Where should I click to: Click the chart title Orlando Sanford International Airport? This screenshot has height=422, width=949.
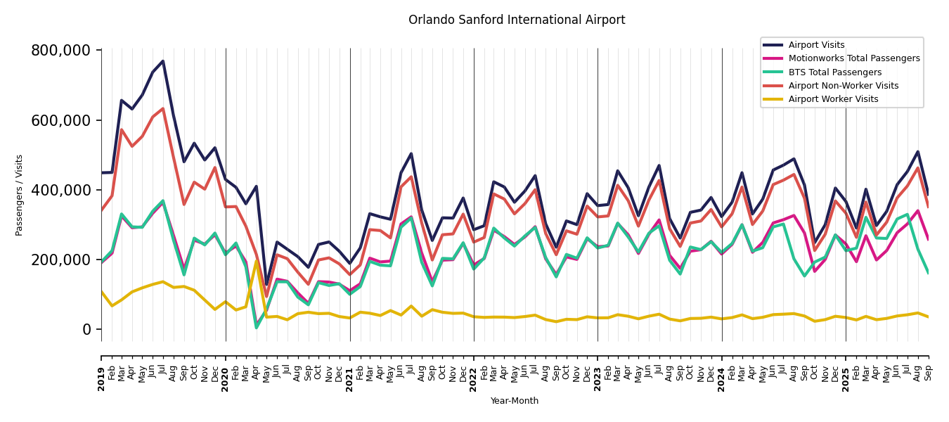[x=517, y=20]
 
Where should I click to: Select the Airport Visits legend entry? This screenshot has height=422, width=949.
[x=816, y=45]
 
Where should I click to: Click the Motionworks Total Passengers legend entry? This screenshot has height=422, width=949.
[x=853, y=58]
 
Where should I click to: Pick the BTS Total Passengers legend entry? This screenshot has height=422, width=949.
[x=834, y=72]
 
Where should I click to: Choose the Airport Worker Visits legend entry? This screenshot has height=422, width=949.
[x=833, y=99]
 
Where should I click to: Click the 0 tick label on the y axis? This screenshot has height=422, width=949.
[x=87, y=329]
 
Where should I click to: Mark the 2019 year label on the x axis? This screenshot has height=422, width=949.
[x=101, y=378]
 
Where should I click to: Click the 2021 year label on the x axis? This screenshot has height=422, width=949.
[x=350, y=378]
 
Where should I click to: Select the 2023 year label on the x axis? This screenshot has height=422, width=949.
[x=598, y=378]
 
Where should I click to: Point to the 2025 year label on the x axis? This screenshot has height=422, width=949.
[x=846, y=378]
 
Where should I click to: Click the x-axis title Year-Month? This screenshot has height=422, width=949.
[x=515, y=401]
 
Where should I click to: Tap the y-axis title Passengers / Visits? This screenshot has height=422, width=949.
[x=19, y=195]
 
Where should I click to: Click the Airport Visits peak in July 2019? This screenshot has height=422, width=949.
[x=163, y=61]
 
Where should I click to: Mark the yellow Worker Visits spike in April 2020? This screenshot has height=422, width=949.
[x=256, y=261]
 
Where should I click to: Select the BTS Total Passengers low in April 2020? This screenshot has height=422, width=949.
[x=256, y=327]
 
